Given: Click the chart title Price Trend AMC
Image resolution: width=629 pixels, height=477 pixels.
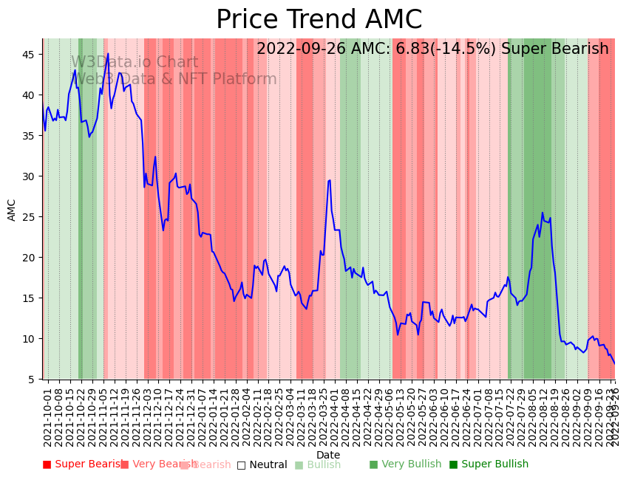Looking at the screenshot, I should tap(319, 20).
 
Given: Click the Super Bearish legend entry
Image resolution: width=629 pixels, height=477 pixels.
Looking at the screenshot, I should tap(83, 464).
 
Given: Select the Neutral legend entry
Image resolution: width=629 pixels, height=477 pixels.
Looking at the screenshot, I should tap(262, 465).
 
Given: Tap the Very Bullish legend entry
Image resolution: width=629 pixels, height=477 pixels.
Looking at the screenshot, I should tap(405, 464).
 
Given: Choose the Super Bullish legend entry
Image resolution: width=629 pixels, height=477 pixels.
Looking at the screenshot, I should tap(489, 464).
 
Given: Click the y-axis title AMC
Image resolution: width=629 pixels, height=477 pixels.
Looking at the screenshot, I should tap(12, 210).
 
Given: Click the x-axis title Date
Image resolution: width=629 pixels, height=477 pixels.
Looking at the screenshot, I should tap(328, 455).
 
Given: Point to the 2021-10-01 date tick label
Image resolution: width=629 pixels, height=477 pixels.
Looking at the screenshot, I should tap(47, 417).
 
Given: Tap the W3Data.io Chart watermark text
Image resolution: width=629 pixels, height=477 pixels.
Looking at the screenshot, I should tap(135, 63).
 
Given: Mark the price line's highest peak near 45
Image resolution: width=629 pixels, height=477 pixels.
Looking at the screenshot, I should tap(108, 53).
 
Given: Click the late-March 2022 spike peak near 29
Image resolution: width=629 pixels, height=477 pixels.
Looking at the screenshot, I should tap(329, 180).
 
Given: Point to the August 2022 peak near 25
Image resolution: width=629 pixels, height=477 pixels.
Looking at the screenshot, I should tap(542, 213).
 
